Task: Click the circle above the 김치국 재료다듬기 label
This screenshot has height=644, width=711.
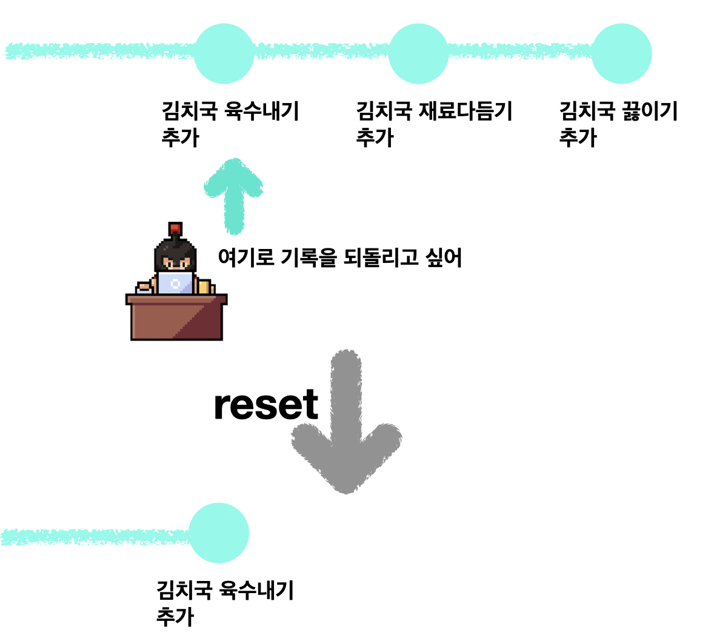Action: [x=418, y=53]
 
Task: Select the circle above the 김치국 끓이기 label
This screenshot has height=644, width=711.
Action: [x=621, y=53]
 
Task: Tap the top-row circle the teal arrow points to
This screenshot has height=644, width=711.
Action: [x=224, y=53]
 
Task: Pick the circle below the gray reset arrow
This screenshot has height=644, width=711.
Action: [x=219, y=533]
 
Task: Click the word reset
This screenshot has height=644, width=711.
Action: [x=266, y=405]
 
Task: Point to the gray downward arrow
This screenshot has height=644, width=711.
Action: [x=346, y=424]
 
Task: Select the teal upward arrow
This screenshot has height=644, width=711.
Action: [x=233, y=194]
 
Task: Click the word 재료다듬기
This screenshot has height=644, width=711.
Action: [x=466, y=111]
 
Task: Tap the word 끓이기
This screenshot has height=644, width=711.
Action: [x=649, y=111]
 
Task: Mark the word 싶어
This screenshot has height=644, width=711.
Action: [x=444, y=257]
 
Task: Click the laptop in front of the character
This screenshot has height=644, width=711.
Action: [x=176, y=283]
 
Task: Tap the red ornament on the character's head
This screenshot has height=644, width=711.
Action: [x=175, y=228]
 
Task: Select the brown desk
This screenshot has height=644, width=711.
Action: [x=176, y=318]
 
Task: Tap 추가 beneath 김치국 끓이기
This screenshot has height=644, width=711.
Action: [x=578, y=138]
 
